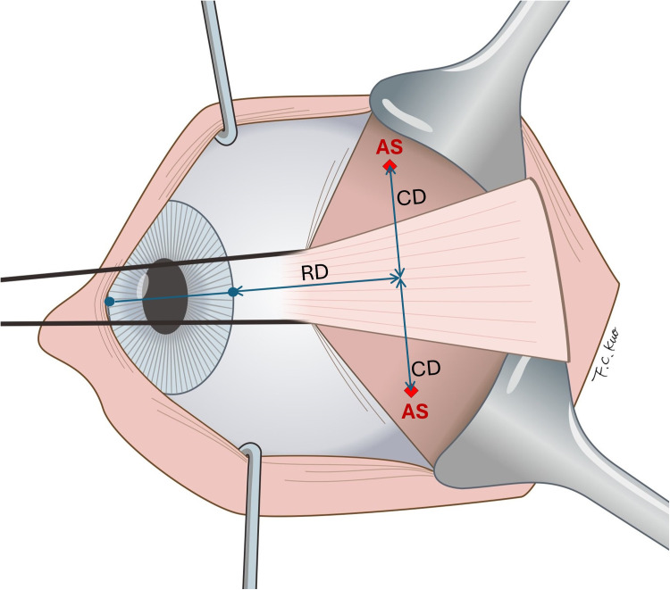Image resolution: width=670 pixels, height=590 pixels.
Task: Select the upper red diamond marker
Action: click(389, 166)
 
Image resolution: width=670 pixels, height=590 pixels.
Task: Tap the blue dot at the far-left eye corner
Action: click(109, 302)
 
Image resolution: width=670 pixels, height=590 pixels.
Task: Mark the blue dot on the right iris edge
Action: click(232, 292)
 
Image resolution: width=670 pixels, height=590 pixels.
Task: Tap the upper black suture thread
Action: click(134, 268)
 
